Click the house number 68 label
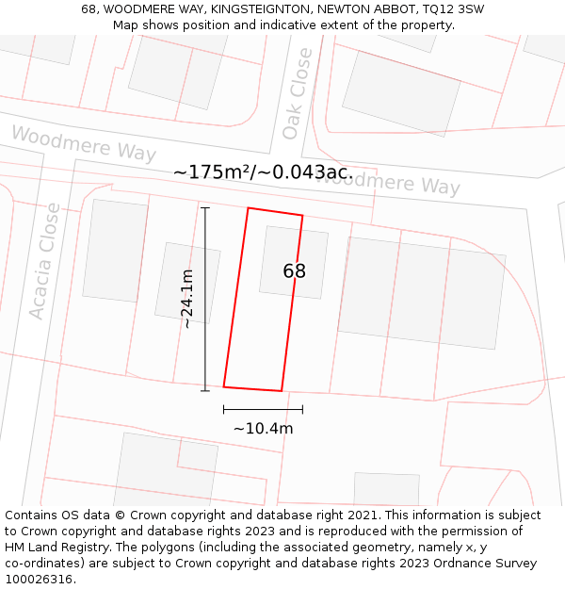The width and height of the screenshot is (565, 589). (x=294, y=271)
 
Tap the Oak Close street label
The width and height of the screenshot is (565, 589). (x=298, y=94)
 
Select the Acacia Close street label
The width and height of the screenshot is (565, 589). (x=44, y=261)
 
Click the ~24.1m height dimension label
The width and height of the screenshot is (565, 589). (x=187, y=299)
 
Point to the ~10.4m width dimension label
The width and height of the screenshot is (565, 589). (x=263, y=429)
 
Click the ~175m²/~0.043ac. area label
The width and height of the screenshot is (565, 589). (x=263, y=172)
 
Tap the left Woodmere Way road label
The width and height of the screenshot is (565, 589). (x=84, y=143)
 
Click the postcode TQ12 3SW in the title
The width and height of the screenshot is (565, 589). (x=455, y=8)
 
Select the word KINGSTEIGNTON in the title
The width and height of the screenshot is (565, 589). (x=259, y=8)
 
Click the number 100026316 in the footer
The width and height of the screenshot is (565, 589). (x=40, y=580)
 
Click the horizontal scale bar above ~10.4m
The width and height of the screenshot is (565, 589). (x=263, y=409)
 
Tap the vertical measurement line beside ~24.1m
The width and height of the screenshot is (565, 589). (x=205, y=299)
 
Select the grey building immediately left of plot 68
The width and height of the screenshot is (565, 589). (x=187, y=283)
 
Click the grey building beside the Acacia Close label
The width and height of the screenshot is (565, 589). (x=115, y=250)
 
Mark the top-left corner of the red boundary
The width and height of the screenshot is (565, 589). (x=248, y=208)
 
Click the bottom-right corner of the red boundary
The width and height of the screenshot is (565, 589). (x=282, y=390)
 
